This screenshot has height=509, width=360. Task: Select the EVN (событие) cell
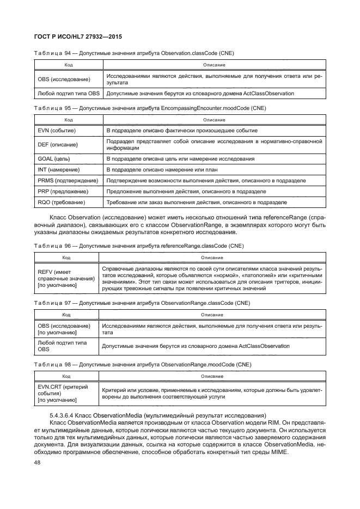click(x=57, y=131)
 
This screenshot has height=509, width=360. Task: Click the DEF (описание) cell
click(x=57, y=145)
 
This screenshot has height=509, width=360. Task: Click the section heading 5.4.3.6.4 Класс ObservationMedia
click(x=157, y=416)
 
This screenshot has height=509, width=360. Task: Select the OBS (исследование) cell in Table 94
click(x=64, y=79)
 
